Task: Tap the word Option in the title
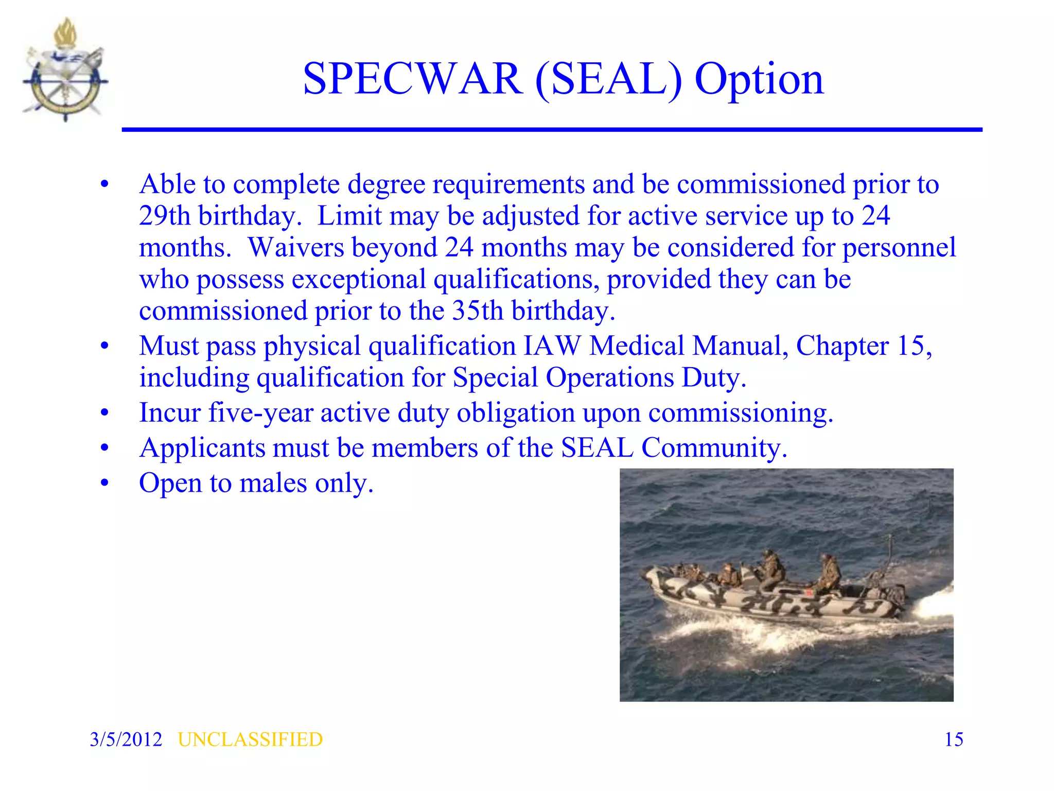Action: coord(759,80)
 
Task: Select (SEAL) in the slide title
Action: coord(608,80)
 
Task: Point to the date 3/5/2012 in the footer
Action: coord(126,740)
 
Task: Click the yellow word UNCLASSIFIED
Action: coord(250,740)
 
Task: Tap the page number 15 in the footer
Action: coord(954,740)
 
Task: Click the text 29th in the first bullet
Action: coord(165,216)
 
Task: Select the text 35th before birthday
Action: coord(477,311)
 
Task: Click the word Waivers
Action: coord(296,248)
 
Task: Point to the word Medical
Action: coord(637,346)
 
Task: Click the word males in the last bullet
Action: coord(273,483)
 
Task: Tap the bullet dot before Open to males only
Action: coord(105,483)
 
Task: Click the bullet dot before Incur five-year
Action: coord(105,413)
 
